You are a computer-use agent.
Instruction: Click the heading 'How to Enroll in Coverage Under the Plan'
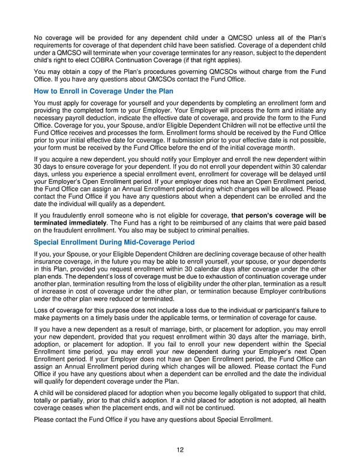pos(104,91)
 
